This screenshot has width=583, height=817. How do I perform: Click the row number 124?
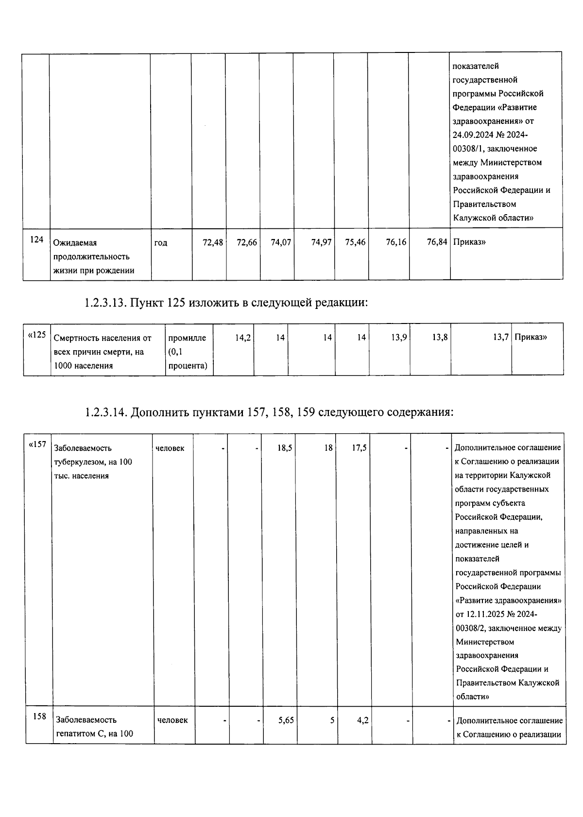[x=36, y=240]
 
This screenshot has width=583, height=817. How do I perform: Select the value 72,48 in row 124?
[x=213, y=242]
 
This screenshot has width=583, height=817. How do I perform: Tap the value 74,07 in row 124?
[x=281, y=242]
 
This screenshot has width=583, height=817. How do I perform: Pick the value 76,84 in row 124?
[x=437, y=242]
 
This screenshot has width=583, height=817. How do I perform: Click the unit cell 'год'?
[x=161, y=242]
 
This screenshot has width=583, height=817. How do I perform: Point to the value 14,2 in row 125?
[x=243, y=337]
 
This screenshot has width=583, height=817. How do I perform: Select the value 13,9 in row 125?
[x=399, y=337]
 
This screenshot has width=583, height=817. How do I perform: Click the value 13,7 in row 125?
[x=500, y=337]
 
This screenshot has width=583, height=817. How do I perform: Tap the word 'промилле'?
[x=187, y=338]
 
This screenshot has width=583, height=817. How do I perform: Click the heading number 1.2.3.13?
[x=105, y=303]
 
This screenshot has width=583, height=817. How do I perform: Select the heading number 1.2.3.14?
[x=105, y=412]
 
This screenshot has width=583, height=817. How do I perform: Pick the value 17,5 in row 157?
[x=360, y=448]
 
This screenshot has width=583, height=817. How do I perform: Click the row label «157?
[x=37, y=445]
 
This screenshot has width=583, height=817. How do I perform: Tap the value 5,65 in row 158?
[x=286, y=720]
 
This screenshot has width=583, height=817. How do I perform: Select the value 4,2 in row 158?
[x=362, y=720]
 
